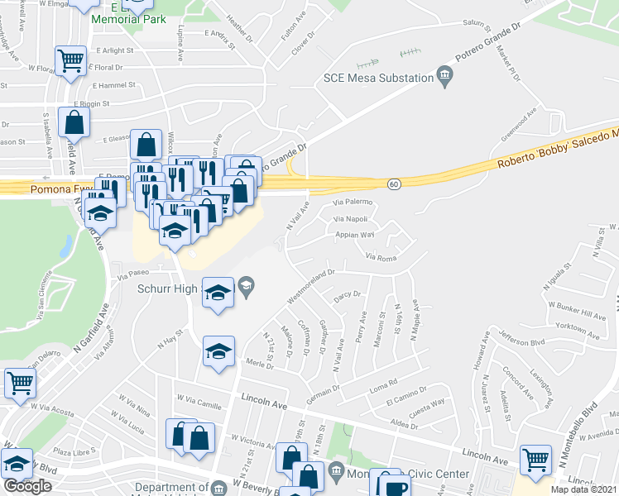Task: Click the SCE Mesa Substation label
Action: point(378,79)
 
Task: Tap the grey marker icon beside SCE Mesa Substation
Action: point(444,79)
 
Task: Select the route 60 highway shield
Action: point(396,184)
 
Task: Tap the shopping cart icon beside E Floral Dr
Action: point(71,60)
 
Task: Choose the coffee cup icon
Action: point(395,486)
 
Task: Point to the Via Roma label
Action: point(381,258)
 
